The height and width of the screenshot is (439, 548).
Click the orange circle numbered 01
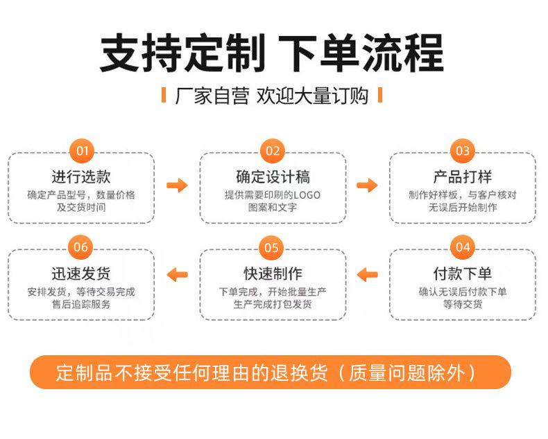tap(82, 151)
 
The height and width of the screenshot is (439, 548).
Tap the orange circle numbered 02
tap(272, 151)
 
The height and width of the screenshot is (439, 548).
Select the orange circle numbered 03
tap(462, 151)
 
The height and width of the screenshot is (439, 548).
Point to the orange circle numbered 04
tap(462, 247)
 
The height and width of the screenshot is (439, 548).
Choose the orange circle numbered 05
tap(272, 247)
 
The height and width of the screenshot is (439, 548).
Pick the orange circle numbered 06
tap(82, 247)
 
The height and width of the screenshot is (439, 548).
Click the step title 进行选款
tap(81, 176)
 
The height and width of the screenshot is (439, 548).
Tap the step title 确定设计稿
tap(273, 176)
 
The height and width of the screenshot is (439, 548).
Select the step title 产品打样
tap(463, 176)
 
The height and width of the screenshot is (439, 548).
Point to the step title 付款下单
tap(463, 273)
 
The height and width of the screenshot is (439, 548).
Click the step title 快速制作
tap(273, 273)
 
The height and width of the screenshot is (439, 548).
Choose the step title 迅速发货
tap(81, 273)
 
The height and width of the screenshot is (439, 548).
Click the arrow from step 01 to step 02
tap(178, 185)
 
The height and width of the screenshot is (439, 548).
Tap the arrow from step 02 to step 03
tap(368, 185)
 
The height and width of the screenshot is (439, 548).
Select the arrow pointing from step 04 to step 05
tap(368, 274)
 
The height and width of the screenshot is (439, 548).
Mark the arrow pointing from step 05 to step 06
tap(178, 274)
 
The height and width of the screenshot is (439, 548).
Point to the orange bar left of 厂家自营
tap(164, 95)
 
